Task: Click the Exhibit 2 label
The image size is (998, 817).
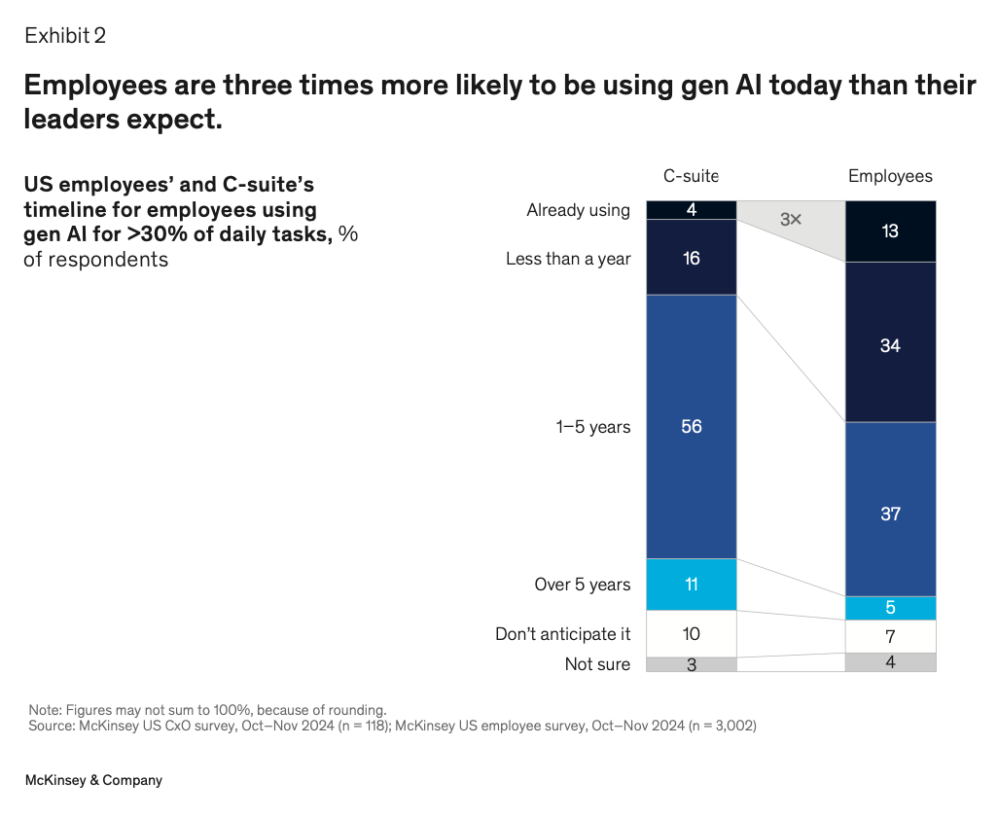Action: [65, 36]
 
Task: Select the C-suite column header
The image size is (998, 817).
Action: [691, 176]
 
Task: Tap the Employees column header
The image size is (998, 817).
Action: [890, 176]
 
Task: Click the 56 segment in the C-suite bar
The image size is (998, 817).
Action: [692, 426]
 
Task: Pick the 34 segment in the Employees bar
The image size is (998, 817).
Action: [890, 345]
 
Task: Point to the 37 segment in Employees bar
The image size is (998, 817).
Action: [890, 513]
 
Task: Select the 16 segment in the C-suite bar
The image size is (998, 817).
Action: [692, 258]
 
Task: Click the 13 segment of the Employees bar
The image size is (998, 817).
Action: [890, 231]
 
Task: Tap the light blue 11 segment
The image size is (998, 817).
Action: [692, 585]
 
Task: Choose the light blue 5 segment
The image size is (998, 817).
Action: [890, 608]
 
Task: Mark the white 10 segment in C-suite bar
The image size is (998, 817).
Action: [692, 633]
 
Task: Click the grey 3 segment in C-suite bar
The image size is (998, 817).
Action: [692, 664]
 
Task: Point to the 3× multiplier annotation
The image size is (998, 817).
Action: [791, 220]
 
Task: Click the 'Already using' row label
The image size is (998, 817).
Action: [578, 210]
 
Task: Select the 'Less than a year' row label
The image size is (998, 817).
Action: [568, 259]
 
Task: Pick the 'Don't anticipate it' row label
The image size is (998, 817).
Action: [562, 634]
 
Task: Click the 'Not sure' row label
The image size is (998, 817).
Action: [597, 664]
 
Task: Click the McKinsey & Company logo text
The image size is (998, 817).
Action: [93, 780]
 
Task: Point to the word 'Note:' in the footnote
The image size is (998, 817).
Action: [45, 710]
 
